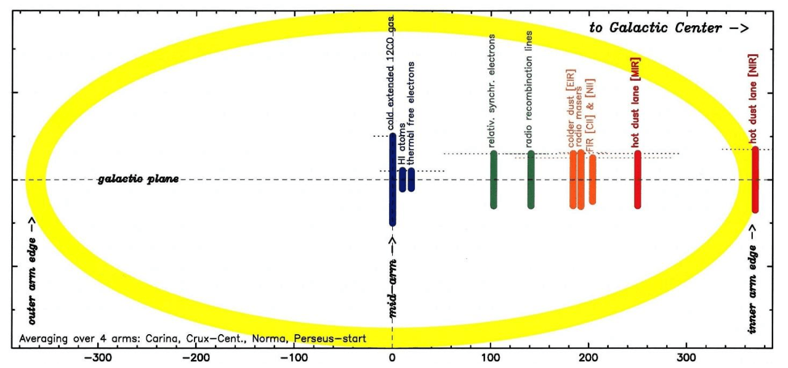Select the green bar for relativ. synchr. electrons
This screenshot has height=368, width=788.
493,179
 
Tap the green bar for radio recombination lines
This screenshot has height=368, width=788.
531,179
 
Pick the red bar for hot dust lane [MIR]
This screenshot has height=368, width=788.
637,179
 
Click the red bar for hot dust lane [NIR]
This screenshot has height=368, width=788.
755,179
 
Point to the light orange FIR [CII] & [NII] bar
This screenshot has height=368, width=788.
592,179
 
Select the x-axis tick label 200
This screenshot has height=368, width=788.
589,358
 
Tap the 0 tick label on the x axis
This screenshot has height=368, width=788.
392,358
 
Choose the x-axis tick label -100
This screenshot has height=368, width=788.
294,358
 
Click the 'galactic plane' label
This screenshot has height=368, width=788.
139,179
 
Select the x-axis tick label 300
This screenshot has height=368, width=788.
687,358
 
